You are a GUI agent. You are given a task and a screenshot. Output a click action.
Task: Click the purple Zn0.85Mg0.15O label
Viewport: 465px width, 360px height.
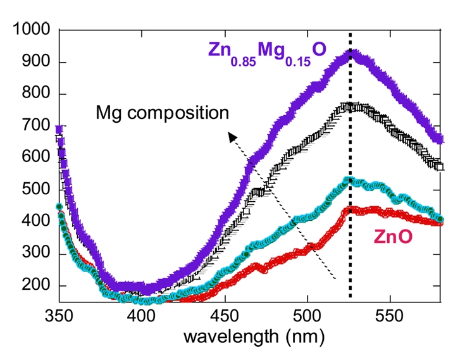pos(268,51)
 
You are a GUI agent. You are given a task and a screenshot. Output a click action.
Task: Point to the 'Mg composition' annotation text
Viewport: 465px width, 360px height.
pos(162,114)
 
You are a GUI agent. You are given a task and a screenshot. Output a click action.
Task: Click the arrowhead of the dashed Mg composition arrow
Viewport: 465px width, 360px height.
pos(232,137)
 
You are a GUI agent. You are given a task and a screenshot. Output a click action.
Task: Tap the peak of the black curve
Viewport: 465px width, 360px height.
pos(349,106)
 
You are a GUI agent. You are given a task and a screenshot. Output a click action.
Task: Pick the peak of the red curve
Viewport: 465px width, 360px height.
pos(349,208)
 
